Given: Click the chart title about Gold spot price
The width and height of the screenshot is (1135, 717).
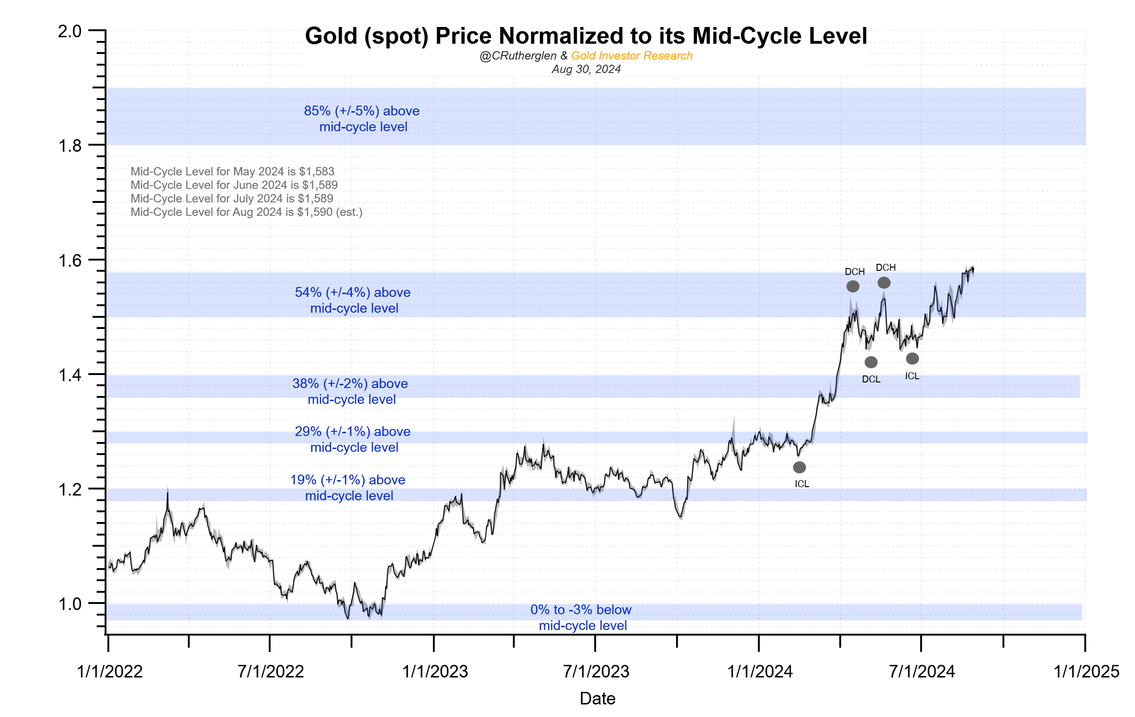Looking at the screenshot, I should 585,36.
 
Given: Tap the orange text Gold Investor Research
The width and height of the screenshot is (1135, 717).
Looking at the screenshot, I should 631,56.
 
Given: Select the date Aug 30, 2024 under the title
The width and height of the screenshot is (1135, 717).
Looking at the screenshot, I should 586,69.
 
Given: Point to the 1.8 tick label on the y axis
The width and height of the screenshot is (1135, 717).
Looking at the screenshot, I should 70,146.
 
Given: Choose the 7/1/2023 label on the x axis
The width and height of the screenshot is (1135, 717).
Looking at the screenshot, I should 596,671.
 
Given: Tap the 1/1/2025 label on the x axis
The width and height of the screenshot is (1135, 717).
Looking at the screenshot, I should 1086,671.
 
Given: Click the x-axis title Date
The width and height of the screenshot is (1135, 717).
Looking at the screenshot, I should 597,698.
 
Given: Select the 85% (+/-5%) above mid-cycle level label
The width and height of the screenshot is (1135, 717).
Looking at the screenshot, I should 362,119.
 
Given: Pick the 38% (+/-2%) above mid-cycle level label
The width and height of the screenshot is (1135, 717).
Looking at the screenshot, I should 350,391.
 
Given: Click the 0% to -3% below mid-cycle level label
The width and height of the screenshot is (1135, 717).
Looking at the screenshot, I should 581,617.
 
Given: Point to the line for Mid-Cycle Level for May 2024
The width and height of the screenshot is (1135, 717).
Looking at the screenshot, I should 232,172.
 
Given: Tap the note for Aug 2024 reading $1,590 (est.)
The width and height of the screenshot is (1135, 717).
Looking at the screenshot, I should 246,212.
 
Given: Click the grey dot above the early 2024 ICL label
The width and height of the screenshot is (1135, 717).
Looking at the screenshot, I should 799,468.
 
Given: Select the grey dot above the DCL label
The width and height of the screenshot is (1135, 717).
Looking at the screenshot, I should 871,362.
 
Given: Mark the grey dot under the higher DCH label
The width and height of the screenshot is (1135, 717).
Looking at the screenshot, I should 884,282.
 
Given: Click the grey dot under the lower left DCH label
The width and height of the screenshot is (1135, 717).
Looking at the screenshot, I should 853,286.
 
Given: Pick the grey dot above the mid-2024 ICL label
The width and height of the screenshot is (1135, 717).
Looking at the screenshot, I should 913,358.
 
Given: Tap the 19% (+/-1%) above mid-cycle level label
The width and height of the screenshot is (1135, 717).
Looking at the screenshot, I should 348,488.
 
